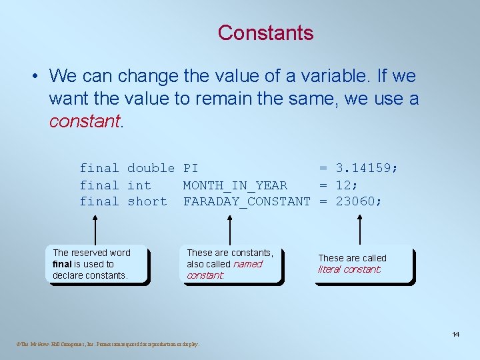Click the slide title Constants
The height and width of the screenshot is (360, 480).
(x=265, y=32)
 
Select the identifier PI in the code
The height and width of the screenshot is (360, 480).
(x=191, y=169)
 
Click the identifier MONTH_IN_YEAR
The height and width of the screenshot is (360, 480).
(x=235, y=185)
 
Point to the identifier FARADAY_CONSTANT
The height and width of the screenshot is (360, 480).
(x=247, y=201)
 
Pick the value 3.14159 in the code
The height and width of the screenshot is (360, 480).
(x=367, y=169)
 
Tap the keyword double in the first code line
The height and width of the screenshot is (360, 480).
(x=151, y=169)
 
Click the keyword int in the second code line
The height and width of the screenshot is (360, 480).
(x=139, y=185)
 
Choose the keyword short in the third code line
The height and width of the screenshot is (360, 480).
(x=147, y=201)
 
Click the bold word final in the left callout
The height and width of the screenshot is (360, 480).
(x=62, y=264)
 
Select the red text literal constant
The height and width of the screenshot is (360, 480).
(x=349, y=270)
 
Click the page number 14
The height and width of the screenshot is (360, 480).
(x=456, y=334)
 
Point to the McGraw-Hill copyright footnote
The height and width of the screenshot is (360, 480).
(x=107, y=345)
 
